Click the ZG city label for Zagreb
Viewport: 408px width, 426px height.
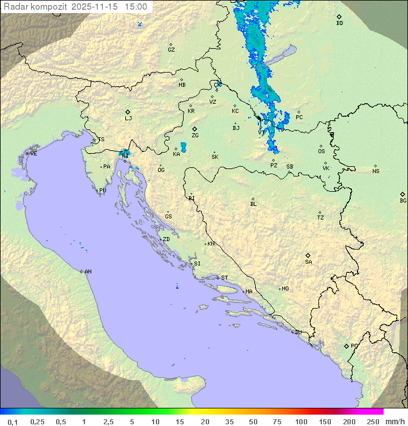click(195, 136)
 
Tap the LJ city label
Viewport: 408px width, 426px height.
click(128, 119)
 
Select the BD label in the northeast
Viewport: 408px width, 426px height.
click(339, 23)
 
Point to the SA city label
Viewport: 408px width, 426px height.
click(308, 262)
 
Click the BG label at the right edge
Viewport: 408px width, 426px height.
click(403, 201)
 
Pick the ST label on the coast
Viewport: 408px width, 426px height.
click(224, 278)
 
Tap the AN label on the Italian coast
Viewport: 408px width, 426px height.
click(88, 272)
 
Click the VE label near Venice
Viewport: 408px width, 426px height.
click(33, 154)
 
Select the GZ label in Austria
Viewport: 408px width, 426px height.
click(171, 50)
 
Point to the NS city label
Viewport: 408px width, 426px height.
click(376, 171)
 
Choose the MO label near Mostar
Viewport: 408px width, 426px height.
click(285, 289)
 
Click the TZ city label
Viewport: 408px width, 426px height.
click(321, 218)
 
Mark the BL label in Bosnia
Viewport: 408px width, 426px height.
click(253, 204)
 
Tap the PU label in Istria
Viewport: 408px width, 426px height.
click(103, 191)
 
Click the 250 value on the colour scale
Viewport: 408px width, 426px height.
click(373, 421)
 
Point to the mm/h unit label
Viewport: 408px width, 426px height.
click(394, 421)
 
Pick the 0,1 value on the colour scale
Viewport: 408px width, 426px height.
click(12, 421)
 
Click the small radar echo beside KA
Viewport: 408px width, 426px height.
click(183, 147)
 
